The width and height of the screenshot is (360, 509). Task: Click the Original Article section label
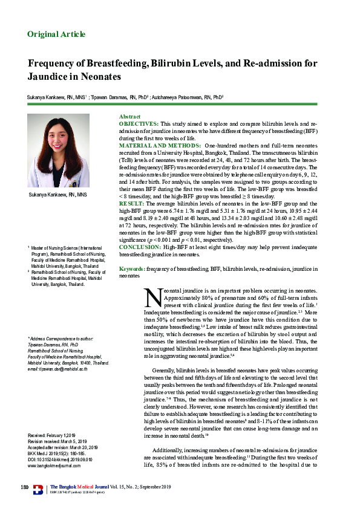57,34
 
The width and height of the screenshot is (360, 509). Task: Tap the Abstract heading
129,116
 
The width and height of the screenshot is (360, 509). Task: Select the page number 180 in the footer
25,487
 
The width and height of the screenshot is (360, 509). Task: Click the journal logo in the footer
38,490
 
